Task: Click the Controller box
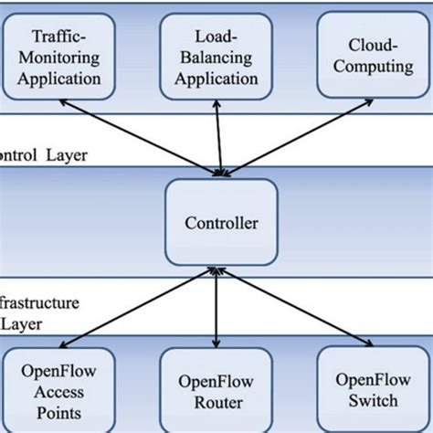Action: [219, 222]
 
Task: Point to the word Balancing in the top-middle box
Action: [217, 58]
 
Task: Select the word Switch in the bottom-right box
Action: [366, 400]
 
